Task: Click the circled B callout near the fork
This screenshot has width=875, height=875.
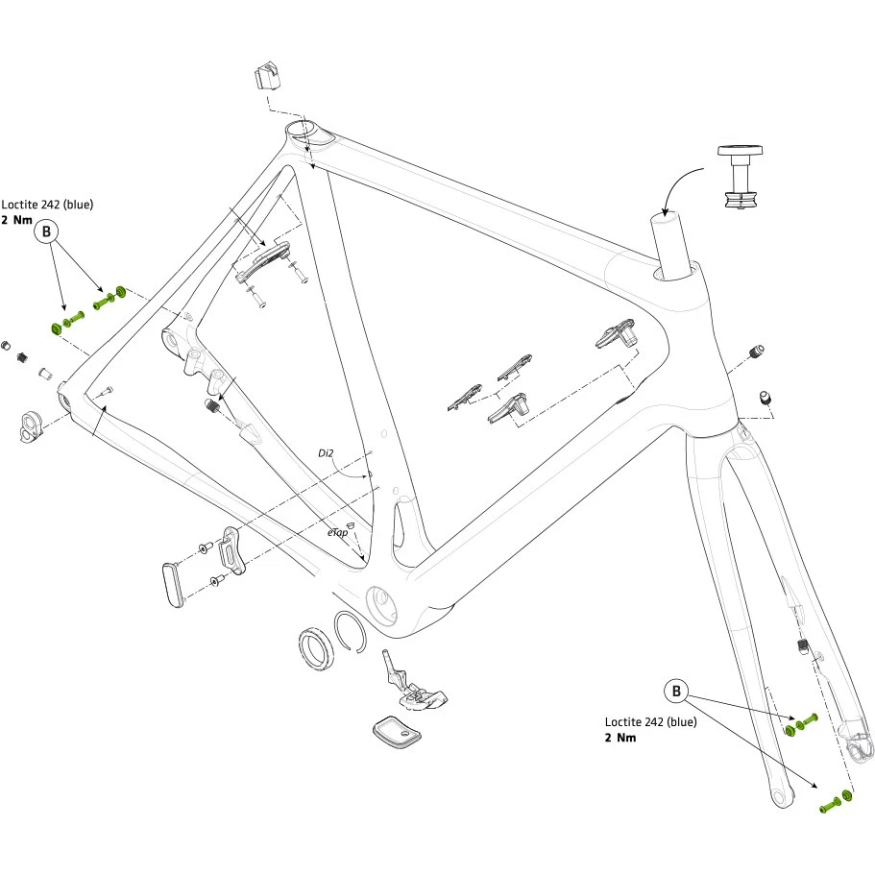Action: coord(677,691)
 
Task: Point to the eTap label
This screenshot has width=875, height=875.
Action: coord(336,531)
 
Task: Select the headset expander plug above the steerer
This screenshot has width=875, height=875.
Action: coord(741,178)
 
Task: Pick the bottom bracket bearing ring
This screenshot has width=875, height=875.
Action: coord(315,645)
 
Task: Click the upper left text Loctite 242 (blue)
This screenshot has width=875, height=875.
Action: coord(47,205)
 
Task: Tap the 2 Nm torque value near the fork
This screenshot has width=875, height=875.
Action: coord(620,738)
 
